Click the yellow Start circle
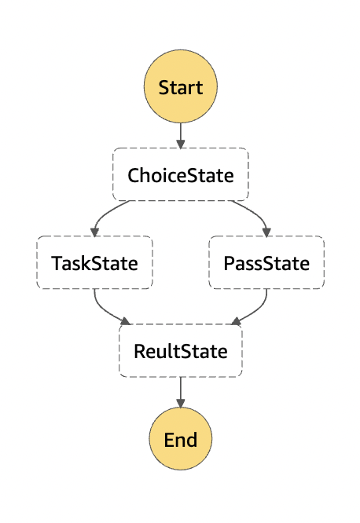point(181,86)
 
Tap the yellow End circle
point(181,439)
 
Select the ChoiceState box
point(181,174)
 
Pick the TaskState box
point(95,262)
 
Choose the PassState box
point(266,262)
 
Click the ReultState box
point(181,350)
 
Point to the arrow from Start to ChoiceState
point(181,135)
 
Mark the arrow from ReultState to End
point(181,393)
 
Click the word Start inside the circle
point(181,87)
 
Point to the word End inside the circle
point(181,440)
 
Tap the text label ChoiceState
point(181,175)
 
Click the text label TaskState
point(94,263)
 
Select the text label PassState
point(266,263)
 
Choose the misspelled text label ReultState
point(181,351)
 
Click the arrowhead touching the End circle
point(181,404)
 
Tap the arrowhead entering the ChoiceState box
point(181,144)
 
